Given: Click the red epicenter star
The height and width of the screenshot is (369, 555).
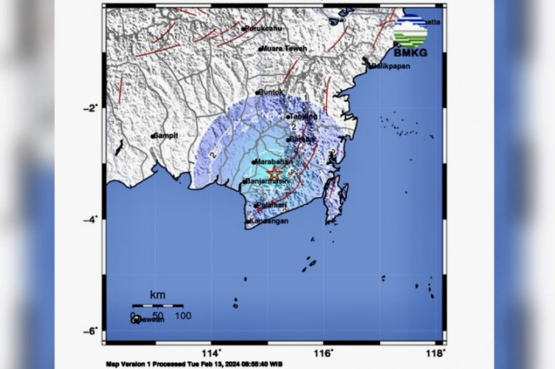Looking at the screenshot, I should [274, 174].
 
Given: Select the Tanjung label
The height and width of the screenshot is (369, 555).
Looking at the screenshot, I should [302, 117].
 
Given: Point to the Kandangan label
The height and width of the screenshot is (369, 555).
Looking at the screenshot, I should [268, 221].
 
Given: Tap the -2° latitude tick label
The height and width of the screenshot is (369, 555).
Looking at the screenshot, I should [91, 108].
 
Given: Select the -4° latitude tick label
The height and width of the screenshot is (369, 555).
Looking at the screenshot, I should [91, 220].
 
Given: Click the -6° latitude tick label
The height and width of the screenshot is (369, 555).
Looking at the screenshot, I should [91, 331].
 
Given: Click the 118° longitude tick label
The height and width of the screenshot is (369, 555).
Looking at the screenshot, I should [436, 352].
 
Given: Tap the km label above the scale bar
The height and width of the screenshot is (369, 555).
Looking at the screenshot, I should [157, 295].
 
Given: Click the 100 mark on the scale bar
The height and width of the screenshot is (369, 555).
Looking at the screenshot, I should [183, 315].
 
